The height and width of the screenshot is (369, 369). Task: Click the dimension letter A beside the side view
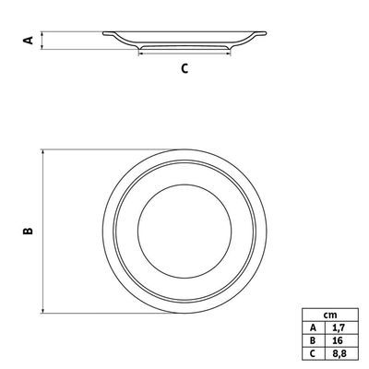(x=29, y=40)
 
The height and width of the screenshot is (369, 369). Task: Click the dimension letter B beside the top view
(x=28, y=231)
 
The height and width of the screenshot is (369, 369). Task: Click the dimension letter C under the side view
(x=184, y=68)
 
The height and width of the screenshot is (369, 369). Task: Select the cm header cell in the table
(x=330, y=315)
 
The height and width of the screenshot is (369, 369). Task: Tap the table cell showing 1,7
(x=341, y=327)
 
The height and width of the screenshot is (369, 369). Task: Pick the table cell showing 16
(x=341, y=340)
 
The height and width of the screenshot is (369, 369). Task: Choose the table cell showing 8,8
(x=341, y=353)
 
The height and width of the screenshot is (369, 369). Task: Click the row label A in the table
(x=314, y=327)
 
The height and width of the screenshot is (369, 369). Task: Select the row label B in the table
(x=314, y=340)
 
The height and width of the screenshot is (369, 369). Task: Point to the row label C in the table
(x=314, y=353)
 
